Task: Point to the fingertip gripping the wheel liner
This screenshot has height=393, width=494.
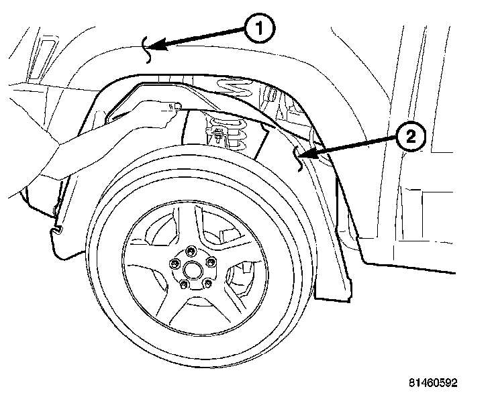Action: coord(176,106)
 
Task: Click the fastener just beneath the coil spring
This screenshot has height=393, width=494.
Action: coord(219,139)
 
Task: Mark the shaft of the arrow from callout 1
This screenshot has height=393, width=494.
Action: coord(201,38)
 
